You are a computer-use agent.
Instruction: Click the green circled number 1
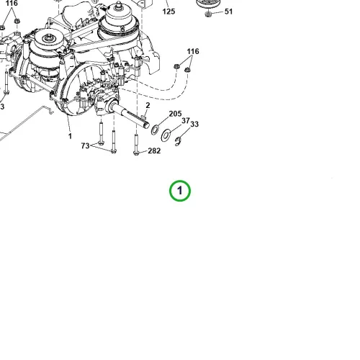click(x=180, y=191)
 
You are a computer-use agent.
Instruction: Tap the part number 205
click(x=175, y=114)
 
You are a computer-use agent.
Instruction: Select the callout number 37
click(x=186, y=120)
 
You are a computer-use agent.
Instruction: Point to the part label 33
click(x=194, y=124)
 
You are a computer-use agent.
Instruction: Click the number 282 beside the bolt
click(x=154, y=150)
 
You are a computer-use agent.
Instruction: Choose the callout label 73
click(x=85, y=145)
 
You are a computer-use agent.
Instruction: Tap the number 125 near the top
click(x=168, y=12)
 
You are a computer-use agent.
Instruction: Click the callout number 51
click(x=228, y=12)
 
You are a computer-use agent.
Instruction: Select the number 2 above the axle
click(x=148, y=105)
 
